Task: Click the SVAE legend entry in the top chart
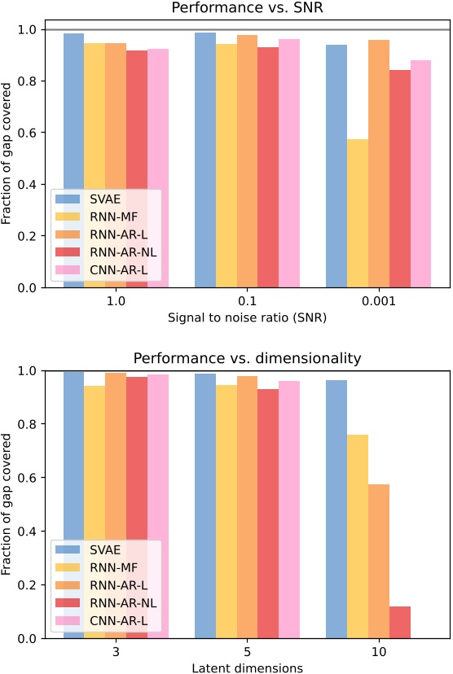pyautogui.click(x=103, y=198)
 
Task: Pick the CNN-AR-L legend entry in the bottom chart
pyautogui.click(x=103, y=623)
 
